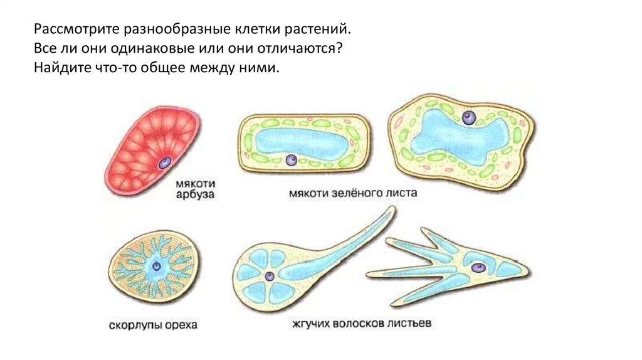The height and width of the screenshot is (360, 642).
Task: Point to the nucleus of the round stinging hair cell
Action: pyautogui.click(x=270, y=275)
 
